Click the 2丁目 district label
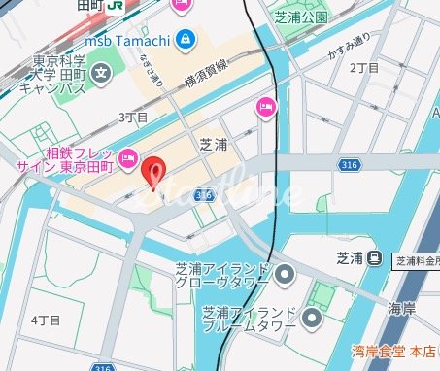[x=364, y=68]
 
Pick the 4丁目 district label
[x=46, y=320]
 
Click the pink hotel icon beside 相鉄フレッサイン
[x=127, y=158]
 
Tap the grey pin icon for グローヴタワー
[x=284, y=277]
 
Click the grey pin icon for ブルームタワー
[x=311, y=318]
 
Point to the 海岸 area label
[x=402, y=308]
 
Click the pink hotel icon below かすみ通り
[x=263, y=108]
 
